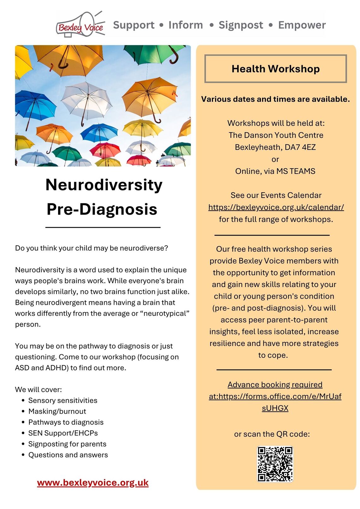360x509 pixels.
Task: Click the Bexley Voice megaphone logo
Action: pos(81,25)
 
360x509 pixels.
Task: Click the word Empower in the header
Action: pos(302,25)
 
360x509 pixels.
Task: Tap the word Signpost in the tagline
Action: pos(241,25)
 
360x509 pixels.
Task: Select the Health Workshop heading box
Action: pos(275,69)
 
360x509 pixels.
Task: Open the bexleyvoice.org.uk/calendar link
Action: pos(276,207)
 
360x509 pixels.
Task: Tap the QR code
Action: pos(275,464)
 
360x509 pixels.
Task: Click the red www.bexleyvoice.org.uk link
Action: pos(93,482)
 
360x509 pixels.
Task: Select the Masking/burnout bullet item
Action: pos(57,411)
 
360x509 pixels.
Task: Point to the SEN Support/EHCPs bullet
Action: pos(63,433)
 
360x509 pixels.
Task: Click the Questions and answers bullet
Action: pos(68,455)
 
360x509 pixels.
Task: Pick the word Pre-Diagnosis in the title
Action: pos(102,209)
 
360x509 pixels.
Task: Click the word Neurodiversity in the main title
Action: pos(104,185)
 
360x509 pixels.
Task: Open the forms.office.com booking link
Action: pos(275,396)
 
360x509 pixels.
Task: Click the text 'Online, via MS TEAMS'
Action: pos(275,171)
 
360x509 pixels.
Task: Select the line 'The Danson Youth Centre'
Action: pos(276,135)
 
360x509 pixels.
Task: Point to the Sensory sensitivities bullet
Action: pos(63,400)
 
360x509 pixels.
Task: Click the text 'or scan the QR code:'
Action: pos(272,434)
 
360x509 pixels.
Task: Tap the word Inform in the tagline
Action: pos(186,25)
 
